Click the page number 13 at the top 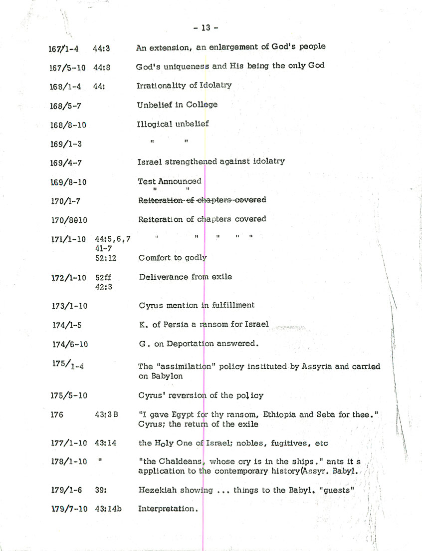point(206,28)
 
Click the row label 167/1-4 point(65,48)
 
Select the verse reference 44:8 point(101,67)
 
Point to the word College point(202,105)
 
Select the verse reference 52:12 point(105,258)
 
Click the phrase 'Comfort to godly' point(173,258)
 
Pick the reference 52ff point(103,277)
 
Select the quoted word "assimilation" point(190,367)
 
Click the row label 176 point(57,414)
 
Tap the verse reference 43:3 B point(106,414)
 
